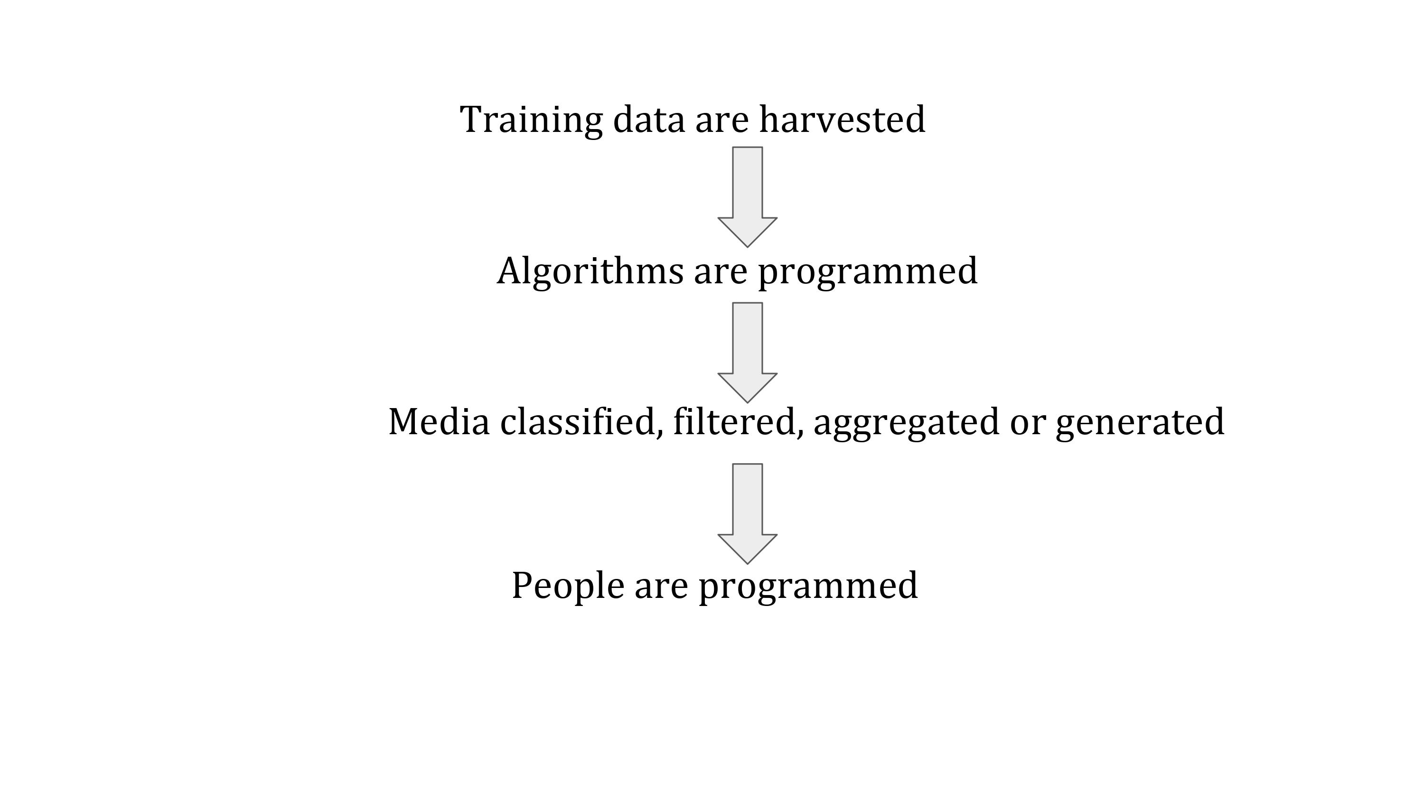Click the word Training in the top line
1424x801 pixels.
click(531, 121)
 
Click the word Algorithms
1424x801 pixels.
click(590, 271)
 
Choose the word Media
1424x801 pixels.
click(439, 421)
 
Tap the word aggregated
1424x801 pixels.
click(907, 423)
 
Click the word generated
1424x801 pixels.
click(1140, 423)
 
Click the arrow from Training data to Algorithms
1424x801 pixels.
click(748, 197)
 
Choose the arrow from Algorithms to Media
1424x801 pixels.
click(748, 353)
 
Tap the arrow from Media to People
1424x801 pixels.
click(748, 514)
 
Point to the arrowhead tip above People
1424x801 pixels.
click(748, 564)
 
